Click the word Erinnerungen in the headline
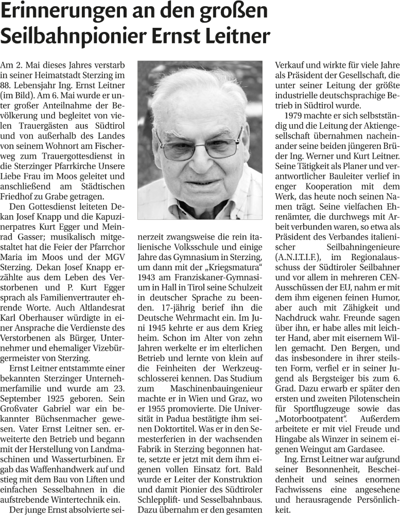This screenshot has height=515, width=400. (62, 12)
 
